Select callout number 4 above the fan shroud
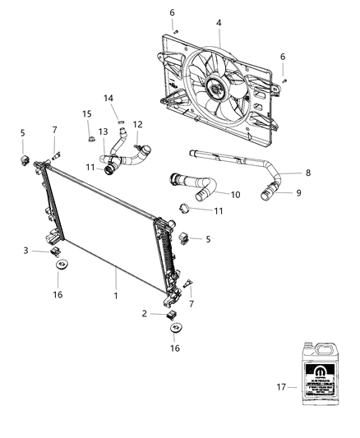pos(219,24)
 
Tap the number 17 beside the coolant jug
pos(282,386)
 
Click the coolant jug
pos(320,375)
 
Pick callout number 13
pos(104,132)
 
